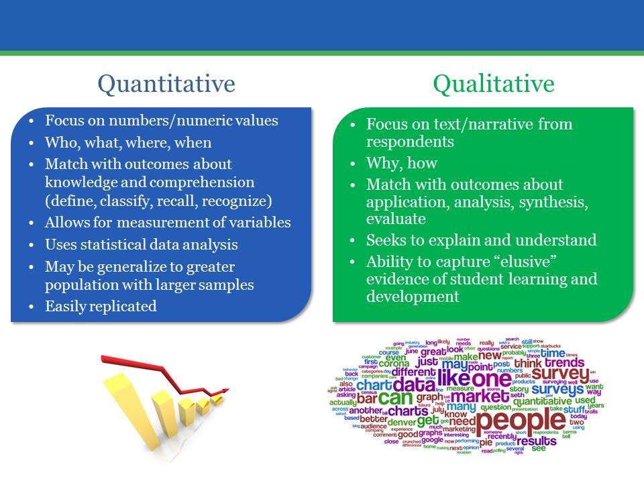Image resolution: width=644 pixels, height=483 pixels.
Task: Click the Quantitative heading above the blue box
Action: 166,84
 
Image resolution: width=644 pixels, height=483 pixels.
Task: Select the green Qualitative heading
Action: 493,84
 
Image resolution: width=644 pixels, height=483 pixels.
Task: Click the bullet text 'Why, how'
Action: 401,163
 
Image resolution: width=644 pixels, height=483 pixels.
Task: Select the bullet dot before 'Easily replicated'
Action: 32,307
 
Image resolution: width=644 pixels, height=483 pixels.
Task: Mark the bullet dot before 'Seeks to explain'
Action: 353,240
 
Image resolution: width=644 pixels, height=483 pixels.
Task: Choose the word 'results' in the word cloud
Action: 536,441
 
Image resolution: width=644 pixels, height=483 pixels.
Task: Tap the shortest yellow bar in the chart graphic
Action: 217,400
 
